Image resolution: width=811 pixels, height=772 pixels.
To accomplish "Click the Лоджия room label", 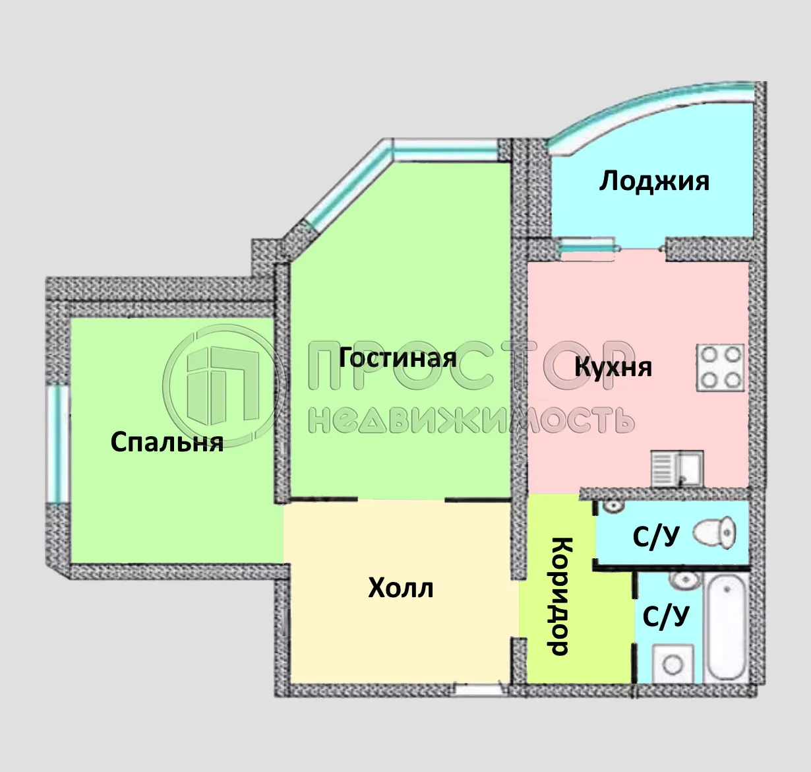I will [x=654, y=180].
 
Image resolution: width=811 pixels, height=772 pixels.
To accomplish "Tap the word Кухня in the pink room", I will [x=613, y=367].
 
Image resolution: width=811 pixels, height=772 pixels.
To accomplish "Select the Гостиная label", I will [x=398, y=358].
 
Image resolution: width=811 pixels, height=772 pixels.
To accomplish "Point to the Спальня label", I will [x=167, y=441].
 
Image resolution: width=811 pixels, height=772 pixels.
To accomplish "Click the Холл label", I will [x=401, y=587].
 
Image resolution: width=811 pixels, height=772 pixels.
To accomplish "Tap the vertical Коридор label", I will [x=560, y=596].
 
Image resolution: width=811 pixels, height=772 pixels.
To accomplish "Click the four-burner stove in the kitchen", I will [x=720, y=367].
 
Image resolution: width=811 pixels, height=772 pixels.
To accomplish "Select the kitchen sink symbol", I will [x=677, y=468].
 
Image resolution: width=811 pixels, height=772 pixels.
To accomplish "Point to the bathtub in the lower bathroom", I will [x=725, y=627].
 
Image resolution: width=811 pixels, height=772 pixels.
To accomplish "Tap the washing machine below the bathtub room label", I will [x=673, y=664].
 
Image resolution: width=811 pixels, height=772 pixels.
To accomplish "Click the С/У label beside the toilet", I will [x=655, y=537].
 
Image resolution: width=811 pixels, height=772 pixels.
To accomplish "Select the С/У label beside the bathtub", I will [x=666, y=616].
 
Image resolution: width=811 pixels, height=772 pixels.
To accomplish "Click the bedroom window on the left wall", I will [x=57, y=443].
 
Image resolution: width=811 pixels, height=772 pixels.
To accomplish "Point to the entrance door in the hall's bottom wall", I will [x=479, y=690].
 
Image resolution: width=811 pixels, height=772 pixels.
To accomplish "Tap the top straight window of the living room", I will [x=444, y=148].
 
